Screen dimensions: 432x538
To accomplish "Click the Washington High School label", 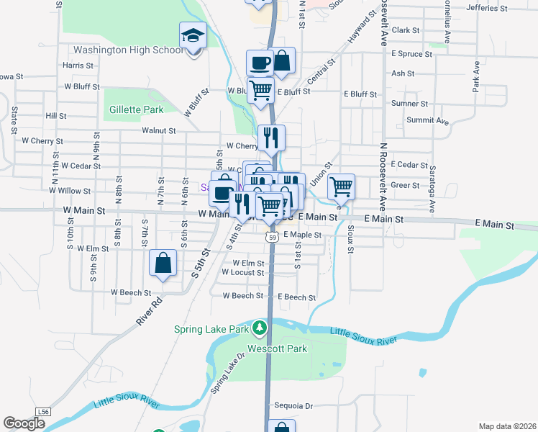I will (129, 50).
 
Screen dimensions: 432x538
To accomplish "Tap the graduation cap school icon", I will (193, 35).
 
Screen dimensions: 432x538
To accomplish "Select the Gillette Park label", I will (137, 109).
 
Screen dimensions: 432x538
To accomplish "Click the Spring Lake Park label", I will (211, 330).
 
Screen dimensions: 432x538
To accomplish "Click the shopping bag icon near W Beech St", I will (163, 263).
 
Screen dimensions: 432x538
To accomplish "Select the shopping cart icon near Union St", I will (341, 187).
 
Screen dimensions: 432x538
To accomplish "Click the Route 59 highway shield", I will (270, 236).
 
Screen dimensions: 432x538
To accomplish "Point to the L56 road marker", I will (44, 411).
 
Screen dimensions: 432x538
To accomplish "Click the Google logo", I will (24, 423).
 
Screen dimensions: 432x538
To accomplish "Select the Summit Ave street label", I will (429, 120).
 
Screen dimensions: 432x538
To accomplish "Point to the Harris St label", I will (78, 65).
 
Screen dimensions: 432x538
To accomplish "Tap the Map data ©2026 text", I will (507, 426).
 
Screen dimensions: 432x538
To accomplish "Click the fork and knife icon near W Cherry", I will (271, 138).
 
